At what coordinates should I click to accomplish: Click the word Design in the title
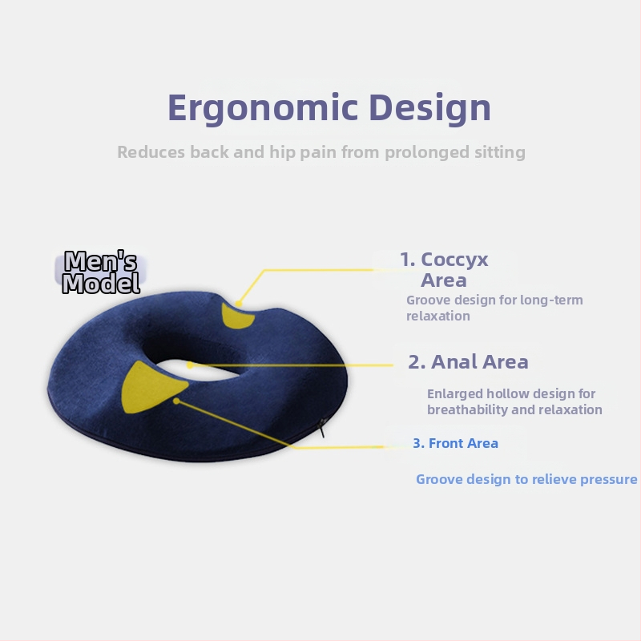pyautogui.click(x=429, y=108)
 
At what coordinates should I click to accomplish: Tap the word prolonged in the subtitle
pyautogui.click(x=427, y=152)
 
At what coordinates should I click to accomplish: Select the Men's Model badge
pyautogui.click(x=101, y=272)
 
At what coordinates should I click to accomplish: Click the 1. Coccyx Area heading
pyautogui.click(x=444, y=270)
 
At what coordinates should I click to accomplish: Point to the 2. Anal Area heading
pyautogui.click(x=468, y=362)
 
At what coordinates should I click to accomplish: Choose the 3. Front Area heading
pyautogui.click(x=455, y=443)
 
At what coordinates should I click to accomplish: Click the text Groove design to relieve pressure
pyautogui.click(x=526, y=479)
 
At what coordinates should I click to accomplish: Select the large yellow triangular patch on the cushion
pyautogui.click(x=152, y=387)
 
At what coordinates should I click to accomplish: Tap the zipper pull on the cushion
pyautogui.click(x=322, y=428)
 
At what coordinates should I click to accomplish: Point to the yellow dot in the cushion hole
pyautogui.click(x=190, y=365)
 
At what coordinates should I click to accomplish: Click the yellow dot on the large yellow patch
pyautogui.click(x=176, y=401)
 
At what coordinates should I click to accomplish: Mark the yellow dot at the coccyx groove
pyautogui.click(x=239, y=304)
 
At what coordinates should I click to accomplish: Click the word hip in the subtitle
pyautogui.click(x=283, y=152)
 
